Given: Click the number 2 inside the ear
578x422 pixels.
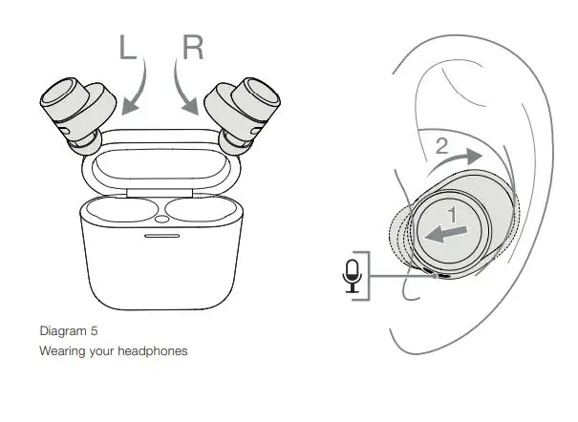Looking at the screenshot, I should click(x=442, y=146).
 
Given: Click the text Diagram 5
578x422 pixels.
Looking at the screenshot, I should click(x=68, y=332).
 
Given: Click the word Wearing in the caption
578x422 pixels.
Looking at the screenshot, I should click(x=60, y=351).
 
